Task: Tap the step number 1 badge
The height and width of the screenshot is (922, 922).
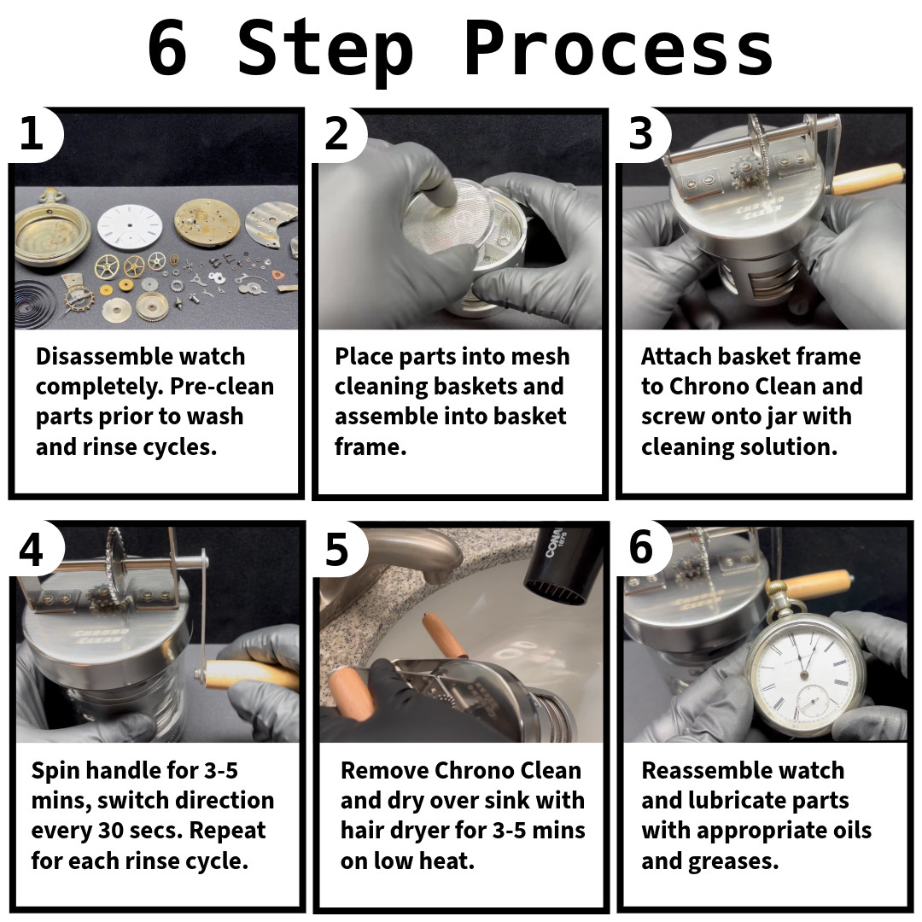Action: [32, 134]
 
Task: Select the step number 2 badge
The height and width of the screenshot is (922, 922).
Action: [337, 134]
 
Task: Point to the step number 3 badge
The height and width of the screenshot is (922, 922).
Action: [641, 134]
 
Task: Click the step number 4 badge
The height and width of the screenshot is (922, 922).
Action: [32, 551]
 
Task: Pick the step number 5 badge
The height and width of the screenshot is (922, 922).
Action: [337, 551]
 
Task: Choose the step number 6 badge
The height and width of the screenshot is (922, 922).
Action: [641, 548]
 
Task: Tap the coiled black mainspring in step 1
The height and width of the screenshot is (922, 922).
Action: [36, 300]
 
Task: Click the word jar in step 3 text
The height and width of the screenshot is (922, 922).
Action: [778, 417]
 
